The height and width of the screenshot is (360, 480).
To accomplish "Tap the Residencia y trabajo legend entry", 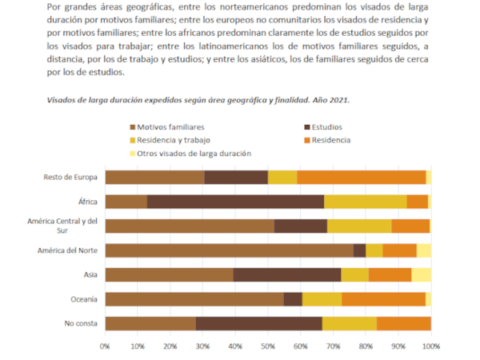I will (x=173, y=140).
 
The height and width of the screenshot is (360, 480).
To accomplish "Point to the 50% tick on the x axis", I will (x=268, y=346).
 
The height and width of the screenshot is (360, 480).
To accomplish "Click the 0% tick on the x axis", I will (x=105, y=346).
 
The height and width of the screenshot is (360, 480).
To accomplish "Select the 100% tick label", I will (x=430, y=346).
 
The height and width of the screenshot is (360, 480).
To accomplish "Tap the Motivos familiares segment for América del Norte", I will (x=229, y=250).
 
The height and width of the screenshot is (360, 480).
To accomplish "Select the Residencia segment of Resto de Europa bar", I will (x=362, y=178).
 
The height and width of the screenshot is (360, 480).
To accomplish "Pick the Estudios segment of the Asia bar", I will (x=287, y=274).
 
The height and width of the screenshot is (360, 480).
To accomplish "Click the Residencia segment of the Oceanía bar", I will (x=383, y=299).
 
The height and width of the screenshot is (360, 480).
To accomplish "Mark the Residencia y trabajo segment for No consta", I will (x=350, y=323).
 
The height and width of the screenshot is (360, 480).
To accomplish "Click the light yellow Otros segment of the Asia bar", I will (x=421, y=274).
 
